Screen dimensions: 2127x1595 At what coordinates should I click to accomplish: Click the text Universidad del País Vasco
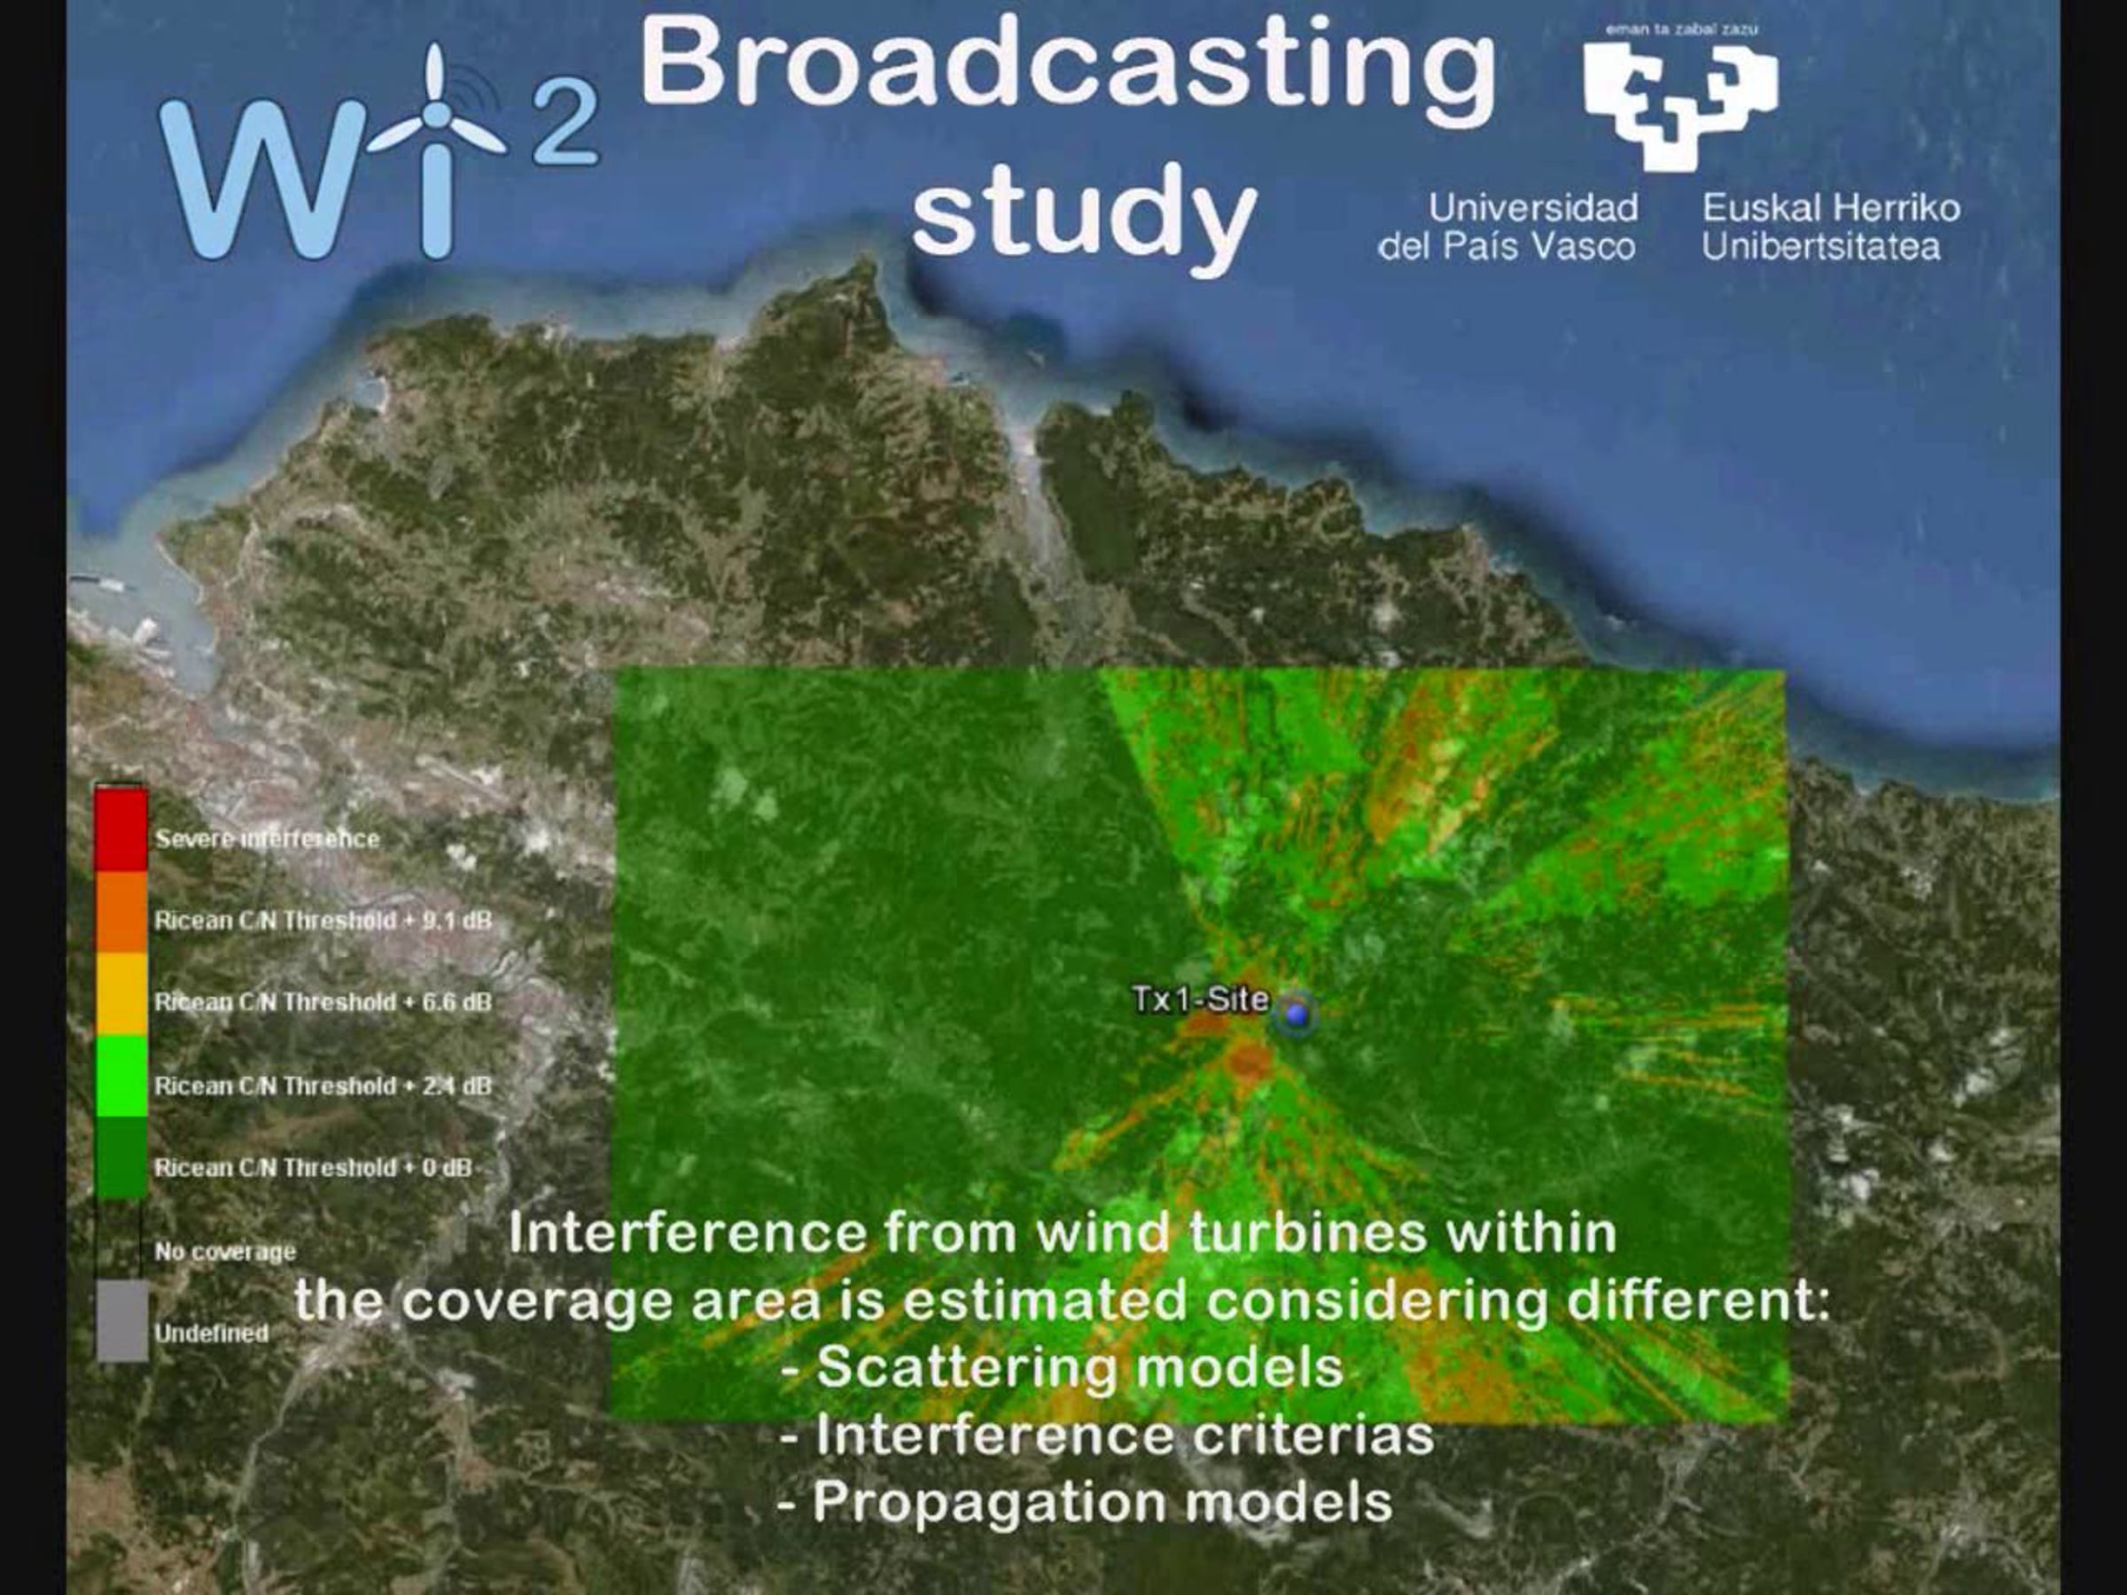tap(1508, 228)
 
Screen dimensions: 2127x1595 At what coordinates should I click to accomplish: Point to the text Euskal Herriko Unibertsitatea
tap(1831, 228)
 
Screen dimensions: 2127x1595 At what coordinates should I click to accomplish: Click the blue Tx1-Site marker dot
tap(1297, 1015)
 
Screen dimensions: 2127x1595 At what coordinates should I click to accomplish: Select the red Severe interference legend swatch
tap(121, 829)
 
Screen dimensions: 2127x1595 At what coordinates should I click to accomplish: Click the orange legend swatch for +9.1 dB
tap(121, 913)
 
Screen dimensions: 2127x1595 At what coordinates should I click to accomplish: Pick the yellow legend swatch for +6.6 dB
tap(121, 994)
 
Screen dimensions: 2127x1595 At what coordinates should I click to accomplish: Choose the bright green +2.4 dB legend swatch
tap(121, 1076)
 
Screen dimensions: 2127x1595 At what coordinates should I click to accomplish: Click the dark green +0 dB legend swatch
tap(121, 1157)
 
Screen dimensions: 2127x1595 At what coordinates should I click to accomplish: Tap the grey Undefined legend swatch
tap(122, 1321)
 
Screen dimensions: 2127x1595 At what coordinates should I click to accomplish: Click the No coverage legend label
tap(225, 1252)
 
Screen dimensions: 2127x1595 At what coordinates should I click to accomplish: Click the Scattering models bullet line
tap(1063, 1367)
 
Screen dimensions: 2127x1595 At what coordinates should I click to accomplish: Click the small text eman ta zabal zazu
tap(1682, 29)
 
